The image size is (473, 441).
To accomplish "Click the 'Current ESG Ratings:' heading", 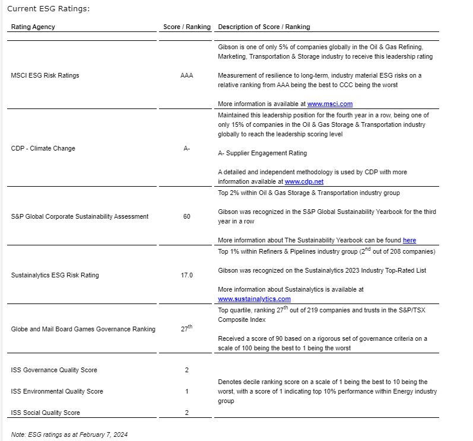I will [x=49, y=9].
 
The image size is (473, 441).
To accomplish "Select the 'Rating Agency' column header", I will [x=33, y=27].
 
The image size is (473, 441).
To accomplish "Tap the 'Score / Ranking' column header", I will [x=187, y=27].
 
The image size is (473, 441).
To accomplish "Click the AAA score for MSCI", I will [x=186, y=75].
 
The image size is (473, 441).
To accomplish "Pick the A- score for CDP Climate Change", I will [x=186, y=148].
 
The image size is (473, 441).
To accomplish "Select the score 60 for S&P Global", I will [x=186, y=216].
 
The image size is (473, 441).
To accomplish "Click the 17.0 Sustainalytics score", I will [x=186, y=275].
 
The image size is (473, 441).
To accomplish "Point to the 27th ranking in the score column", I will [x=186, y=328].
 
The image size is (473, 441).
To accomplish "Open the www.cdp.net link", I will [x=304, y=181].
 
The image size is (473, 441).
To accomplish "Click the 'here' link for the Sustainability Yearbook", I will [x=409, y=240].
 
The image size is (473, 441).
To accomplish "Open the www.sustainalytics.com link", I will [x=254, y=299].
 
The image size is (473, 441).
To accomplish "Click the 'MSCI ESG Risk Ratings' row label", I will [x=45, y=75].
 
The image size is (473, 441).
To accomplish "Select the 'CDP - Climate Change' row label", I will [x=43, y=148].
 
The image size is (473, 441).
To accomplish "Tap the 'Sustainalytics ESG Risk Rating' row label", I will [x=55, y=275].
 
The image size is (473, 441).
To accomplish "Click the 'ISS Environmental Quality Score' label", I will [x=57, y=391].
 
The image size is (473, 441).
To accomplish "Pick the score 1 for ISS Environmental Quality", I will [x=186, y=391].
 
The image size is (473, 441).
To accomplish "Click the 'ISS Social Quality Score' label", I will [x=46, y=413].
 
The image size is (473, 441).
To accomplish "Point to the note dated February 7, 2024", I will [x=69, y=434].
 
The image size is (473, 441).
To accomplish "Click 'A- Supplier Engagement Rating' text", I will [x=262, y=153].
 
